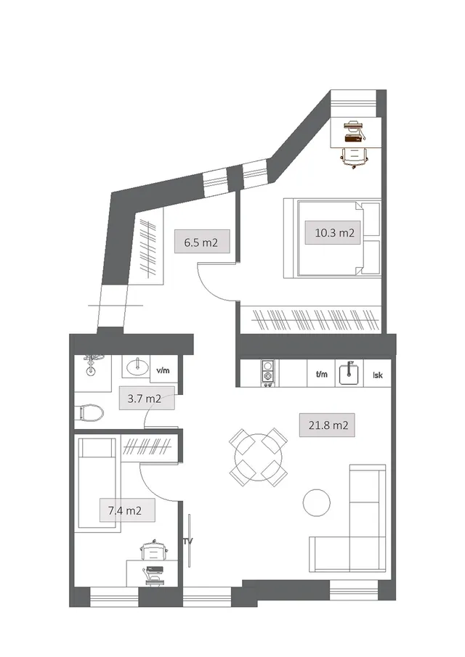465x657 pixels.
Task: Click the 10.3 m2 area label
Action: pyautogui.click(x=335, y=232)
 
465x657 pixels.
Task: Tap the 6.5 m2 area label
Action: pyautogui.click(x=201, y=242)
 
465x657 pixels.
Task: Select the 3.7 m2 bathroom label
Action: pyautogui.click(x=145, y=398)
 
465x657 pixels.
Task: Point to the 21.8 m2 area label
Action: pyautogui.click(x=328, y=425)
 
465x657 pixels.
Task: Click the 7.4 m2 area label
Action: pyautogui.click(x=124, y=510)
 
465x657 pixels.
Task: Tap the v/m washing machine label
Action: pyautogui.click(x=163, y=370)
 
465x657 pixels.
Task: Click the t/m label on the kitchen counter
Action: pyautogui.click(x=322, y=374)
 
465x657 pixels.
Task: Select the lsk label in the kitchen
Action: pyautogui.click(x=378, y=375)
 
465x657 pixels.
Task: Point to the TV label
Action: pyautogui.click(x=187, y=542)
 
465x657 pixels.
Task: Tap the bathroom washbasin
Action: pyautogui.click(x=137, y=367)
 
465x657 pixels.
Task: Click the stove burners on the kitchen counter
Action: pyautogui.click(x=268, y=372)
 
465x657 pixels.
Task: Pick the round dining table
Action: pyautogui.click(x=258, y=457)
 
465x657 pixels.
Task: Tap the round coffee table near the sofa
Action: pyautogui.click(x=317, y=503)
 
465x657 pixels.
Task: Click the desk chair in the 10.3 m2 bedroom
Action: pyautogui.click(x=355, y=158)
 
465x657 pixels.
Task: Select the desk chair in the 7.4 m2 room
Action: pyautogui.click(x=154, y=550)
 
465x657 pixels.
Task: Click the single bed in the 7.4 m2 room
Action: pyautogui.click(x=97, y=485)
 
